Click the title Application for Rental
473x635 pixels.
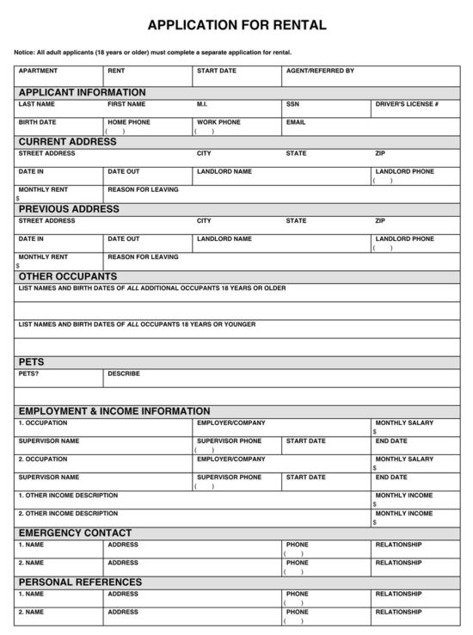click(x=236, y=25)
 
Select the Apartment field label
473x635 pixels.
click(x=38, y=71)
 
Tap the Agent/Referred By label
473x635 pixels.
click(x=320, y=71)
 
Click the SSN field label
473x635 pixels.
click(x=292, y=104)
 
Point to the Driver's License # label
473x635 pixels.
click(x=407, y=104)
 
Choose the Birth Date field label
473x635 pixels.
click(x=37, y=122)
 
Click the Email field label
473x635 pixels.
click(x=296, y=122)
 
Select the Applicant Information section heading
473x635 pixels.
click(x=83, y=92)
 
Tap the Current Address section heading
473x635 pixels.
click(x=67, y=141)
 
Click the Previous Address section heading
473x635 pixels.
click(x=69, y=208)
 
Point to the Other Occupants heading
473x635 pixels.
click(x=68, y=276)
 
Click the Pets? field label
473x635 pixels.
click(x=28, y=373)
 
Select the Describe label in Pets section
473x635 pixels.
click(x=124, y=373)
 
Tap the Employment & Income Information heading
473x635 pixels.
click(x=114, y=411)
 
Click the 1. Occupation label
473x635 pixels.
click(x=43, y=422)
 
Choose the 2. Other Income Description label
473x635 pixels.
click(x=68, y=513)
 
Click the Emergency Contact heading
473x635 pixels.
click(x=76, y=533)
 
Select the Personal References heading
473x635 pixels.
click(x=80, y=582)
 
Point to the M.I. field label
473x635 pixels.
click(x=202, y=104)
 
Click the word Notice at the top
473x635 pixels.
click(x=24, y=52)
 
